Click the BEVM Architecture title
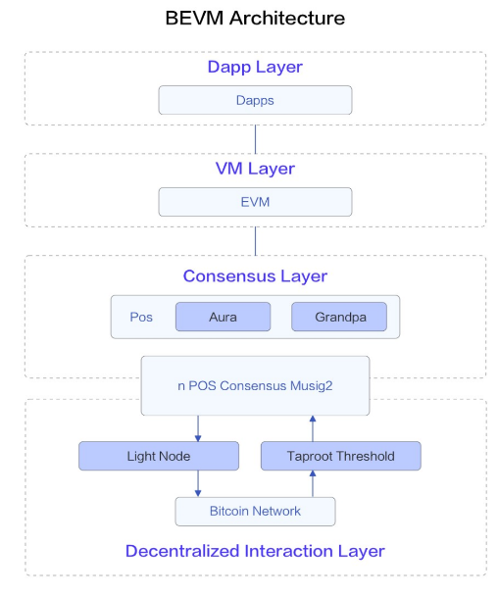click(x=255, y=18)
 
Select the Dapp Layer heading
click(x=255, y=68)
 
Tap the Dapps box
click(x=255, y=100)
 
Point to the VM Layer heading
click(x=255, y=169)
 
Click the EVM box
click(x=255, y=202)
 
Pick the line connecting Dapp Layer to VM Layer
click(x=255, y=139)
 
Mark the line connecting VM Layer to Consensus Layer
click(x=255, y=241)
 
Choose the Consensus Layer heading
click(x=255, y=276)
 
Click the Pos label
click(x=141, y=317)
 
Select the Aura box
click(x=224, y=317)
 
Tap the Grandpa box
click(x=339, y=317)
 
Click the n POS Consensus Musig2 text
click(x=255, y=386)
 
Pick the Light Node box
click(x=159, y=456)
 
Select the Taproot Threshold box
click(x=341, y=456)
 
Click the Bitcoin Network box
click(x=255, y=512)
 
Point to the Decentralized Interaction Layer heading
click(x=255, y=551)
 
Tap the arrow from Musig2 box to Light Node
click(x=198, y=428)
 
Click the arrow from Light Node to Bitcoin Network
click(x=198, y=483)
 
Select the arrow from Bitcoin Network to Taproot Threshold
click(x=313, y=483)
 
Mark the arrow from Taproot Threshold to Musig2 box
click(x=313, y=428)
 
